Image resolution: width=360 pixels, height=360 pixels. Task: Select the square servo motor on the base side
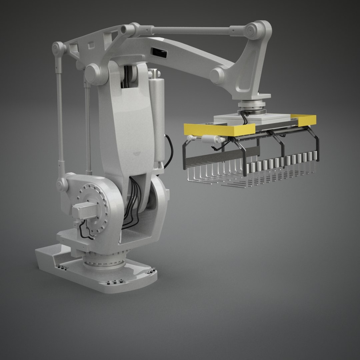click(81, 210)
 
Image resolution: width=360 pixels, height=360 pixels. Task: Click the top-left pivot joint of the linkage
click(59, 49)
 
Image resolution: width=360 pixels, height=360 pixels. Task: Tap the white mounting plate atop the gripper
click(253, 118)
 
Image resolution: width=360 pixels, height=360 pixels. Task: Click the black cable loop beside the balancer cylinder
click(169, 150)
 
